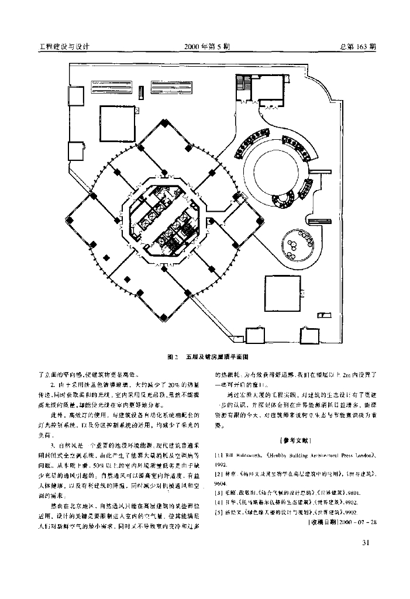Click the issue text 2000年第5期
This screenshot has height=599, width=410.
coord(206,47)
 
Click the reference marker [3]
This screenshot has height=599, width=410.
coord(219,493)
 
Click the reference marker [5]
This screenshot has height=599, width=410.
coord(219,511)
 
